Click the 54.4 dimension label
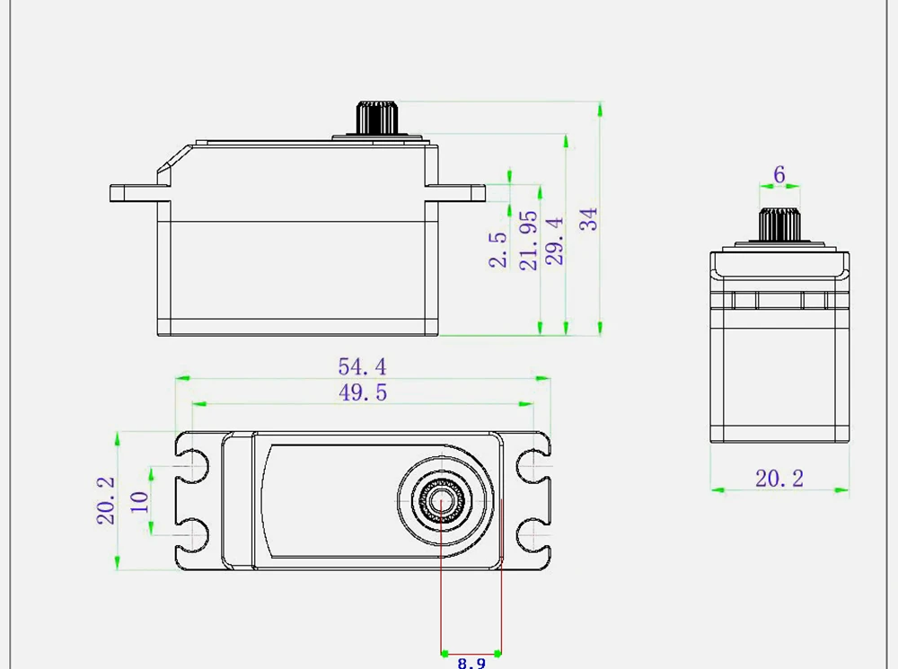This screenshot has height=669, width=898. (x=362, y=366)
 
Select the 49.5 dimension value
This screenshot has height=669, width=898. (x=362, y=392)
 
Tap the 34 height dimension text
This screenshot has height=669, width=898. (x=589, y=219)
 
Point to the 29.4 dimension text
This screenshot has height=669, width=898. (x=555, y=241)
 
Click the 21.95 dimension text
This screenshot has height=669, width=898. (x=529, y=241)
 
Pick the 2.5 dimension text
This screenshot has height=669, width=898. (x=498, y=250)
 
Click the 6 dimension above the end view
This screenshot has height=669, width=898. (x=779, y=174)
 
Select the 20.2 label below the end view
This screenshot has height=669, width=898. (x=779, y=479)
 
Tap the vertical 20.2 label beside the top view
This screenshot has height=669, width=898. (x=106, y=500)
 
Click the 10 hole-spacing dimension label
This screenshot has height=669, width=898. (x=138, y=501)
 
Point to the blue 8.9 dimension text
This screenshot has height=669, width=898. (x=471, y=663)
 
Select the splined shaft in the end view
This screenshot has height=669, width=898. (x=779, y=224)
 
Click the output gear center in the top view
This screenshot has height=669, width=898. (x=441, y=501)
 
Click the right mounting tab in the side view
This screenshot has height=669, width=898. (x=460, y=192)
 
